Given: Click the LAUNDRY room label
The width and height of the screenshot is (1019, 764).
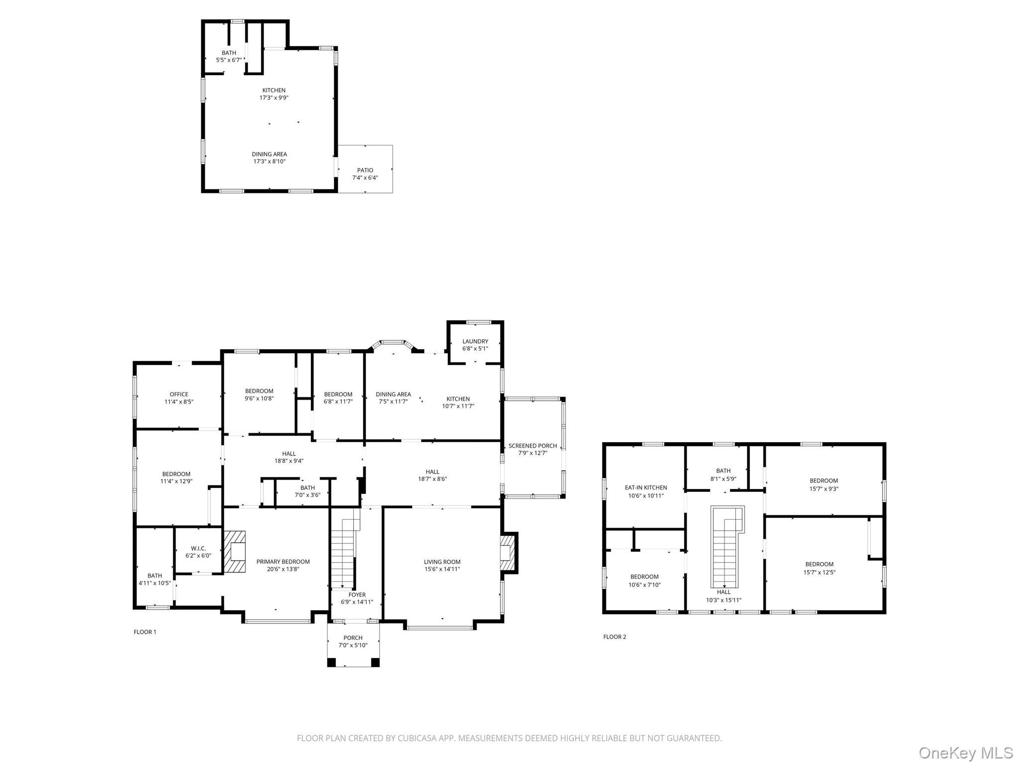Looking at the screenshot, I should pos(475,341).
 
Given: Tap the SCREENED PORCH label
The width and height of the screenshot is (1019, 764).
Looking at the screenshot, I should pos(532,446).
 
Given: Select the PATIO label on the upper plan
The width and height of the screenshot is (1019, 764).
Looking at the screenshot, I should pos(365,170).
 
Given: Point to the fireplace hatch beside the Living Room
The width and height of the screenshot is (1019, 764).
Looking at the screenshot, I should pos(508,553).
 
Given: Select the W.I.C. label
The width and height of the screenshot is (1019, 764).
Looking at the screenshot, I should pos(198,548).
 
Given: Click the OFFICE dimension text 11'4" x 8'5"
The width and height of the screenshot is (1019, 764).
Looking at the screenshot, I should pos(179,401).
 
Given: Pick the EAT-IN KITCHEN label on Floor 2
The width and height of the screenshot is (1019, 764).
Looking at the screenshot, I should pos(646,487).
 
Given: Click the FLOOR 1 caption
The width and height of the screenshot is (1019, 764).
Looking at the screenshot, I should pos(145,632).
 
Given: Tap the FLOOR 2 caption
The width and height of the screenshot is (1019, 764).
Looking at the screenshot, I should pos(614,637).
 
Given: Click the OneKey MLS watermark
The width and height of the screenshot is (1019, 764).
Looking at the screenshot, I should pos(965,753).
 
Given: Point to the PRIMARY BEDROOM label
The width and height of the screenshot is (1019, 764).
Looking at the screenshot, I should pos(283,562).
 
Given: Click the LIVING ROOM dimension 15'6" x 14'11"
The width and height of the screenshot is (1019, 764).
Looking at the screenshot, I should pos(442,569).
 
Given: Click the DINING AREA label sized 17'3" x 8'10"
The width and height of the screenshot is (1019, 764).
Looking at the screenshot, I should pos(269,154).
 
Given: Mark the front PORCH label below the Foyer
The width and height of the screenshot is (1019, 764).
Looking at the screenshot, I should pos(353,638).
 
